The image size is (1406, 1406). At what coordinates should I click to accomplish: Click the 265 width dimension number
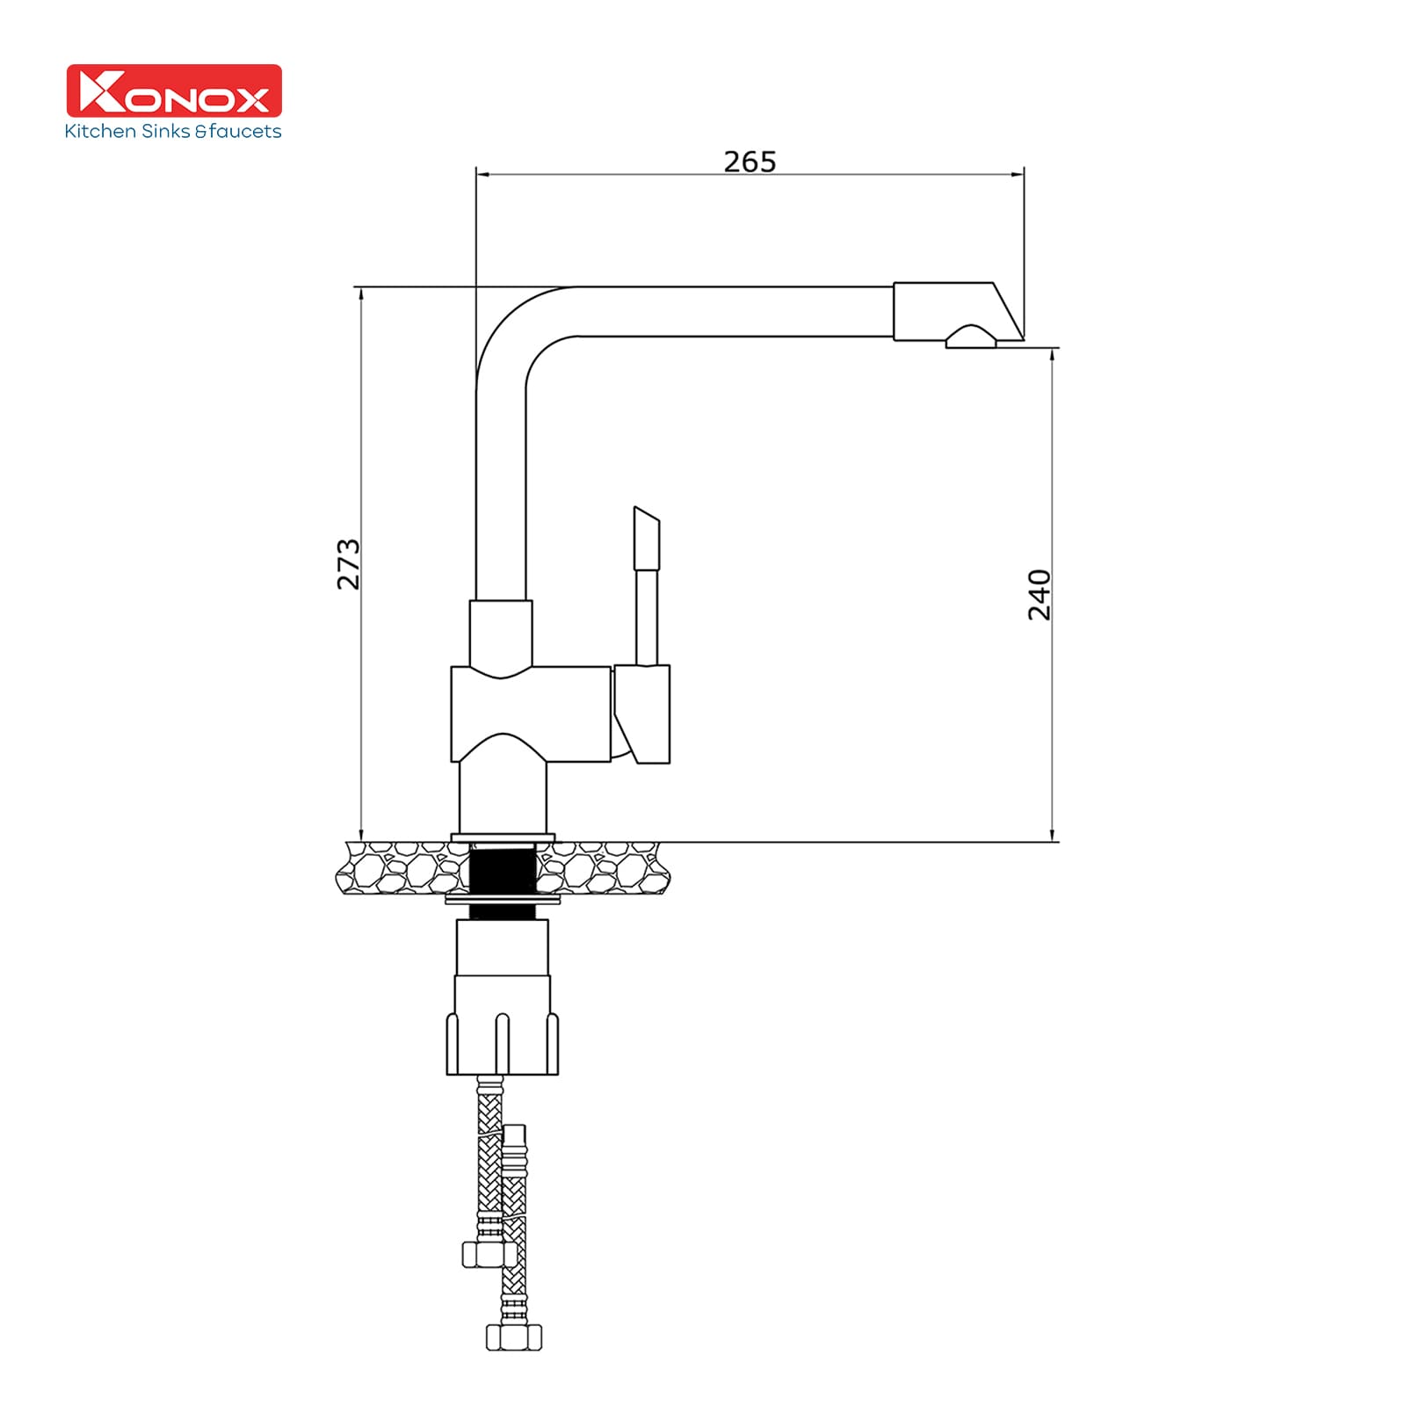tap(750, 162)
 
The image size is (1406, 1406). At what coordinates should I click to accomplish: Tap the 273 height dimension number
tap(349, 563)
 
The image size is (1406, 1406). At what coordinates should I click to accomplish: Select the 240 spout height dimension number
tap(1040, 594)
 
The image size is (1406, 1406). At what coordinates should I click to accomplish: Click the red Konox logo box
tap(175, 91)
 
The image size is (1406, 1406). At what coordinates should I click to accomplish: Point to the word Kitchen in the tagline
tap(100, 131)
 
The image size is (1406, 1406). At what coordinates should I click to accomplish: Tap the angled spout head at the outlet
tap(958, 311)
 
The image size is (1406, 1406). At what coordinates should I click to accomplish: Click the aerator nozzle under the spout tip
tap(971, 337)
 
